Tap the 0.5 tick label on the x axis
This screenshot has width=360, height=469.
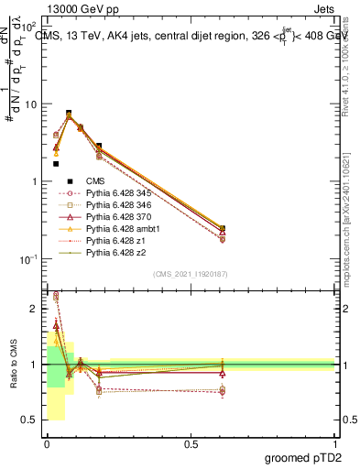point(191,442)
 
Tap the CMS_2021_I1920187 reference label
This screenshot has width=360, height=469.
point(190,274)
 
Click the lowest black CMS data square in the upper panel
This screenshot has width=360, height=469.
point(56,163)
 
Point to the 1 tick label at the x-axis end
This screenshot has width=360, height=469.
point(334,442)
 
